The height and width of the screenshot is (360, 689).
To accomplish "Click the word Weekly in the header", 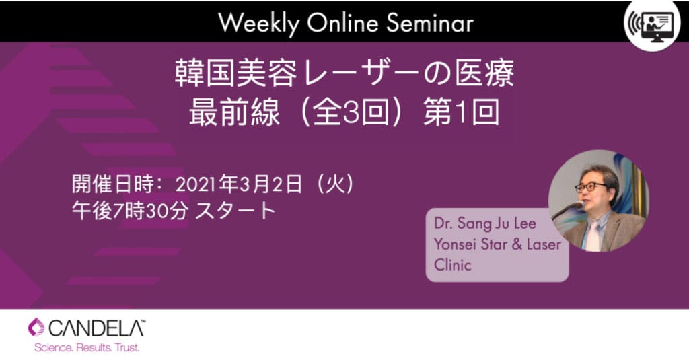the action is (258, 24).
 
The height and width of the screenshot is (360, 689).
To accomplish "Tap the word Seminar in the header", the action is (430, 22).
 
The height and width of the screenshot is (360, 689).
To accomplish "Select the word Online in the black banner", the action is (342, 22).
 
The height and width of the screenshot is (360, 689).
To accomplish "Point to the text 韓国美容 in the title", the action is (236, 73).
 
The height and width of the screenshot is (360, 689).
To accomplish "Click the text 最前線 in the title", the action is (234, 112).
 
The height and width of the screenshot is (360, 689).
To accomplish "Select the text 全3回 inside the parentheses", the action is (351, 112).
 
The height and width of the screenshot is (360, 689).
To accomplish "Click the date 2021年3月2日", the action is (239, 184).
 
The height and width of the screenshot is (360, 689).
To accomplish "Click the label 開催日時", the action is (113, 184).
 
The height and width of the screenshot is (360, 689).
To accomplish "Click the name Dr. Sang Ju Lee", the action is (485, 223).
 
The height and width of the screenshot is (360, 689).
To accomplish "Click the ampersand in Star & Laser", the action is (517, 244).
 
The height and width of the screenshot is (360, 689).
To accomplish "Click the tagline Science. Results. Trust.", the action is (87, 348).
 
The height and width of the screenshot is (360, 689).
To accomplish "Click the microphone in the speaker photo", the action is (567, 210).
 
